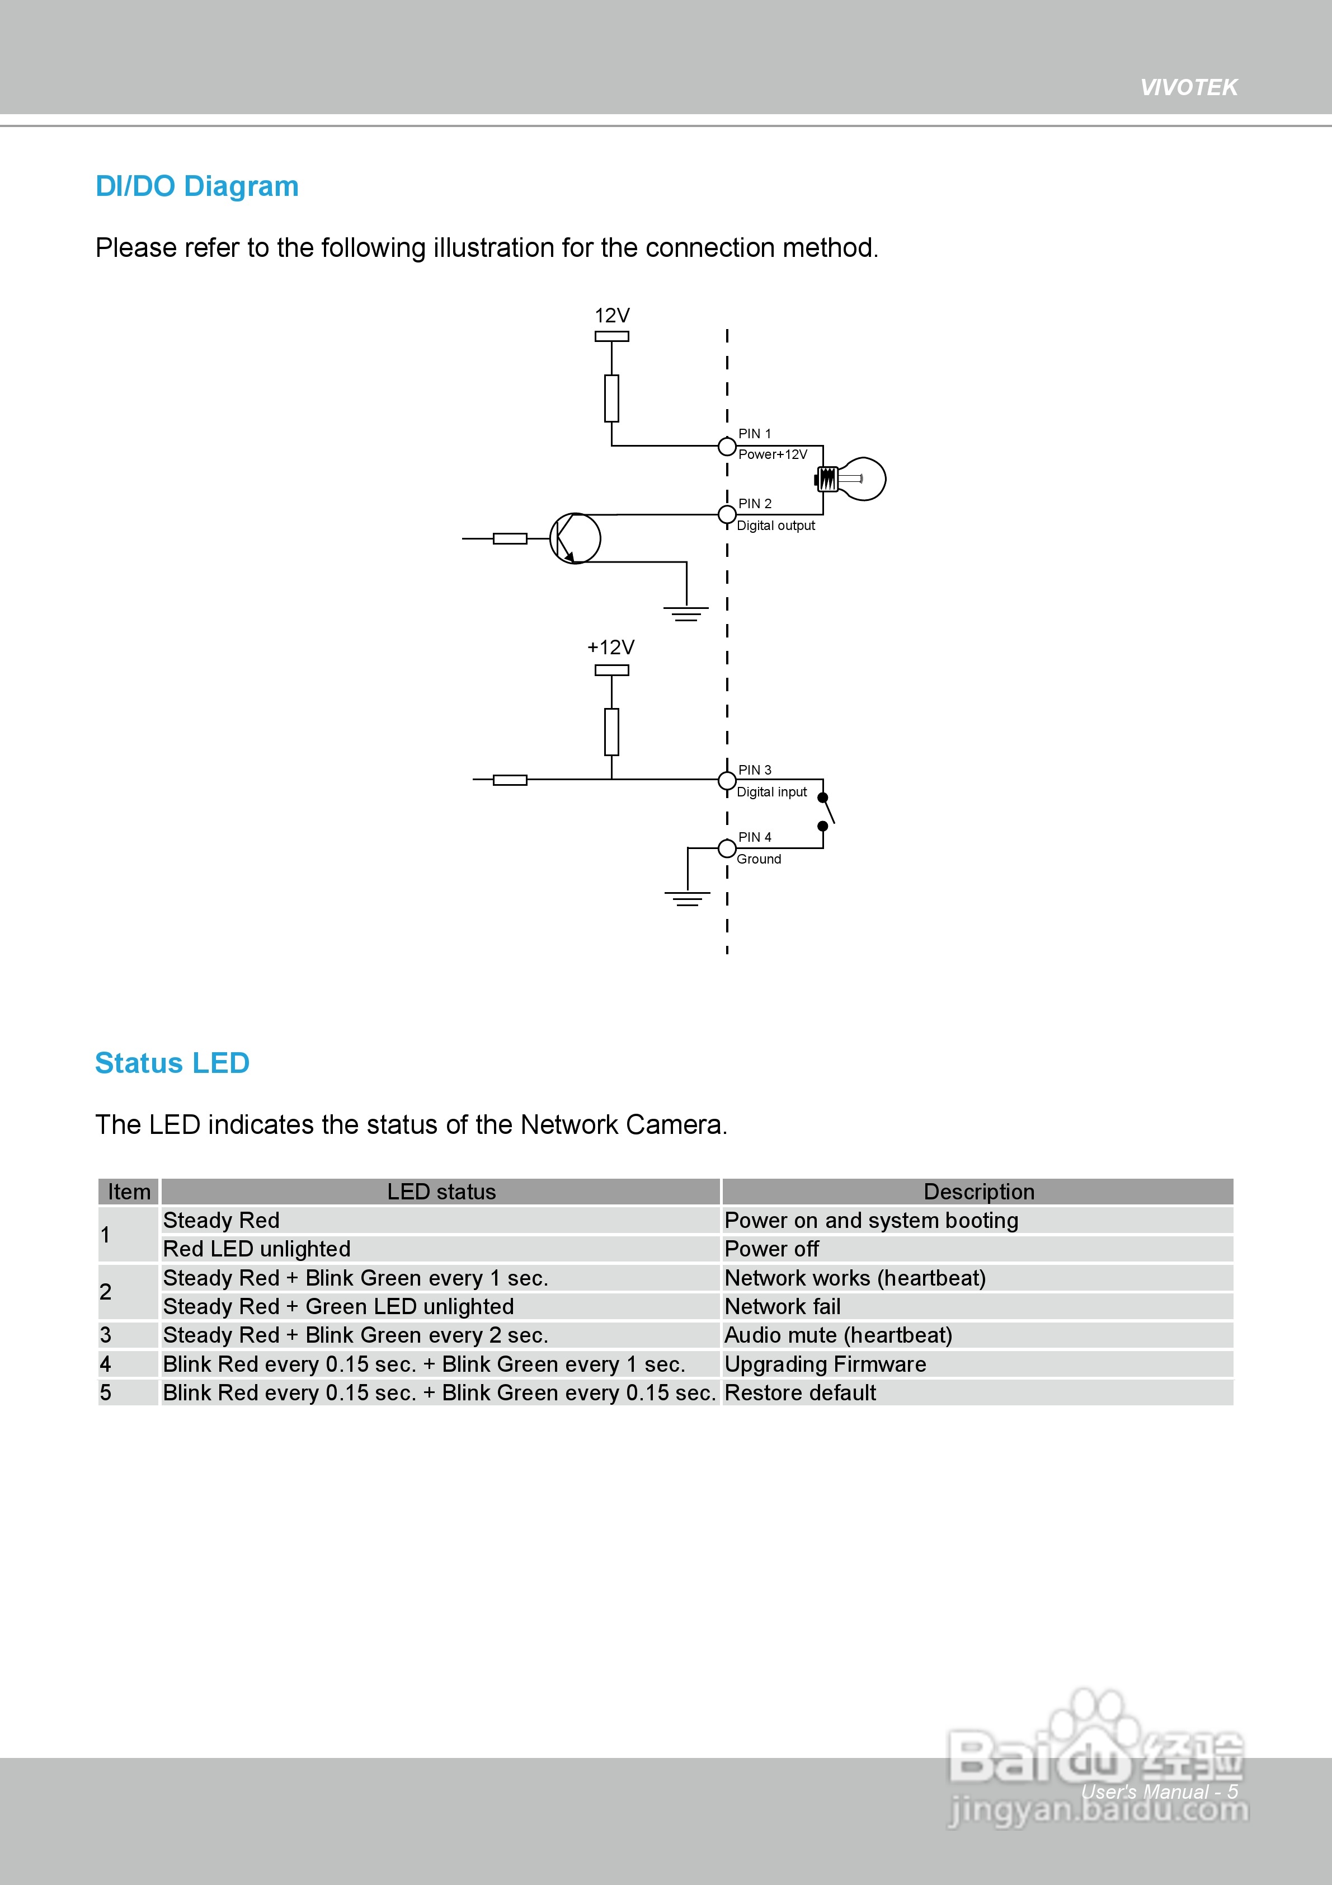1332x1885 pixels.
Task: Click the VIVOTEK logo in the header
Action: click(x=1188, y=87)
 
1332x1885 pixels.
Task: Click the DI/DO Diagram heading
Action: click(x=197, y=186)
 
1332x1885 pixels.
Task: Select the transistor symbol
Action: click(x=575, y=538)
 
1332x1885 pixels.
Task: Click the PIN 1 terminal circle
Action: click(x=726, y=447)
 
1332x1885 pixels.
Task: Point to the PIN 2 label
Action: click(x=754, y=503)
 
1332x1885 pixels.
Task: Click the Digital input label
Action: click(x=771, y=791)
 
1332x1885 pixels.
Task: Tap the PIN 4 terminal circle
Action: click(x=726, y=848)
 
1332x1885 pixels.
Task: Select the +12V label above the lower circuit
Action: click(x=610, y=647)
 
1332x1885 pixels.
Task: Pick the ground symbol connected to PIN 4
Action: click(x=687, y=898)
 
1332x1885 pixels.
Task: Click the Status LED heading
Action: click(x=172, y=1063)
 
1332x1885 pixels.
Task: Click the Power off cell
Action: click(x=771, y=1249)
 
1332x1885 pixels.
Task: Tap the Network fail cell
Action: click(x=782, y=1306)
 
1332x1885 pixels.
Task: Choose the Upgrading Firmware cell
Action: click(x=825, y=1364)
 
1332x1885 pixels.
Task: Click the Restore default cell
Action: click(x=800, y=1392)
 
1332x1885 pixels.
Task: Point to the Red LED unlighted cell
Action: click(x=257, y=1249)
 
